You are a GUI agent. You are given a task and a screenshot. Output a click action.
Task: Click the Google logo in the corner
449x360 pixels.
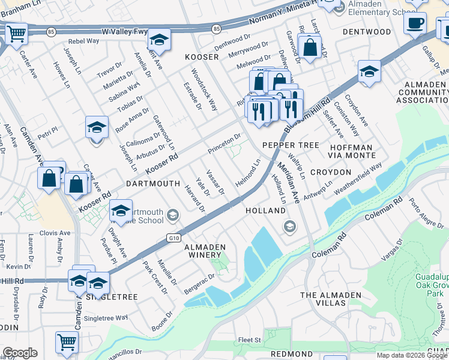pyautogui.click(x=20, y=353)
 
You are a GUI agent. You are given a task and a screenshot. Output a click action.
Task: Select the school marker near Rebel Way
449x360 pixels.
pyautogui.click(x=158, y=41)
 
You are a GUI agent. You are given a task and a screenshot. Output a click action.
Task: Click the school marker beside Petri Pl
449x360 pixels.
pyautogui.click(x=96, y=128)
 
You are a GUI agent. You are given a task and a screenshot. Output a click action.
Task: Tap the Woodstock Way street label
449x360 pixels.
pyautogui.click(x=204, y=89)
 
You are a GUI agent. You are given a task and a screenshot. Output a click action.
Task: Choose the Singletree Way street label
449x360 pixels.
pyautogui.click(x=106, y=318)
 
